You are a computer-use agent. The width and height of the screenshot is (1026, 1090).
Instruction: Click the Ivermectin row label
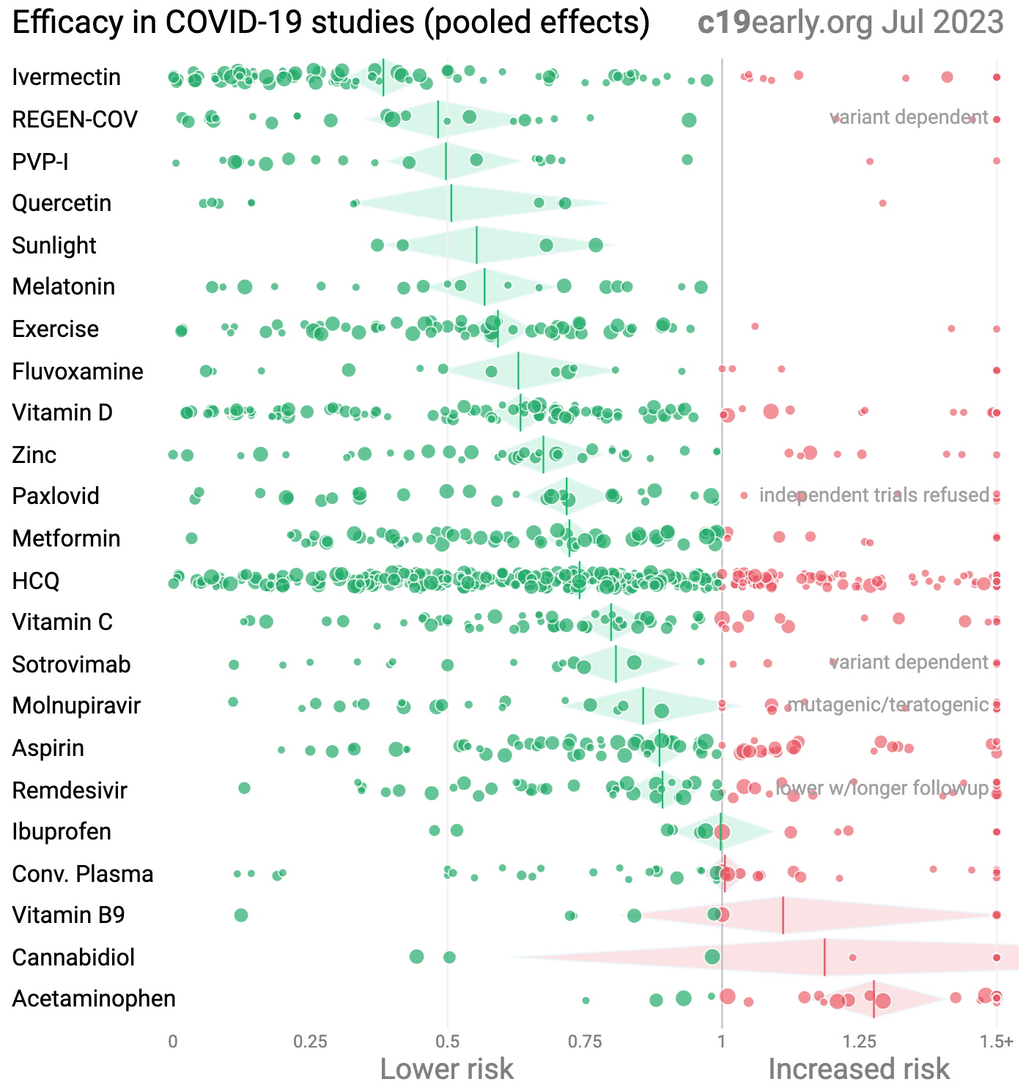(x=66, y=77)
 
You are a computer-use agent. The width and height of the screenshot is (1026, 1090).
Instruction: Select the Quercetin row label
(x=62, y=203)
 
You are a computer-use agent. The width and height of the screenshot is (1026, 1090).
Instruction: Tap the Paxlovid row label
(x=56, y=496)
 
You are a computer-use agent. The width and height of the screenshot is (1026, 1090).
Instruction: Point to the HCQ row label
(x=36, y=581)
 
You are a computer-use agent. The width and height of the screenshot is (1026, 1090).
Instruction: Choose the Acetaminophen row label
(x=94, y=999)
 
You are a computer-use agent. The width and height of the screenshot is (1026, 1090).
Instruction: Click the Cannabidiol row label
(x=73, y=957)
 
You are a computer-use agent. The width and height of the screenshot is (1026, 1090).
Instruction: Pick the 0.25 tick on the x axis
(x=310, y=1042)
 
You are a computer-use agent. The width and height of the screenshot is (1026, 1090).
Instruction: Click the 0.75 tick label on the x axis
(x=585, y=1042)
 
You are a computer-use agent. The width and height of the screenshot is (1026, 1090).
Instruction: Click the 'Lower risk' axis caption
(x=447, y=1069)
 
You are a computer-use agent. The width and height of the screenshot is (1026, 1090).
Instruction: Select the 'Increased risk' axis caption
(x=859, y=1069)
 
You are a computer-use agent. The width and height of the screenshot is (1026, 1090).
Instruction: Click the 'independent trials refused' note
(x=874, y=495)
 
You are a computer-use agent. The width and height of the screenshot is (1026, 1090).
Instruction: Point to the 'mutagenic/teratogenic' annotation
(x=887, y=705)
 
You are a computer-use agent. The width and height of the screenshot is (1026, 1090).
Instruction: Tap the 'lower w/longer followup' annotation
(x=882, y=788)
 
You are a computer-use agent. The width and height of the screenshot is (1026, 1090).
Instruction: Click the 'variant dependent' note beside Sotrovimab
(x=909, y=662)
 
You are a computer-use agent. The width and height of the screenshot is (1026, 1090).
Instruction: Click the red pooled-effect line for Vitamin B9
(x=783, y=915)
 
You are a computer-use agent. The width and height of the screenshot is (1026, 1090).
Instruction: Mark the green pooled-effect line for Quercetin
(x=451, y=203)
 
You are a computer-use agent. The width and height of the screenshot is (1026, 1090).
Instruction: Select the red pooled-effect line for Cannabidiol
(x=824, y=957)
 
